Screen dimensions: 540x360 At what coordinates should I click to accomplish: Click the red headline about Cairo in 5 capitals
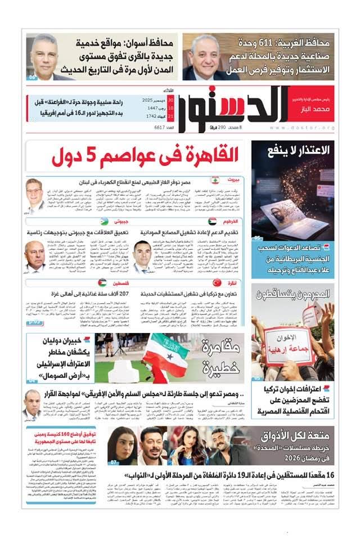point(145,156)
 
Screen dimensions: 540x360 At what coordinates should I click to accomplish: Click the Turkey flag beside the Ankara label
point(217,282)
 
